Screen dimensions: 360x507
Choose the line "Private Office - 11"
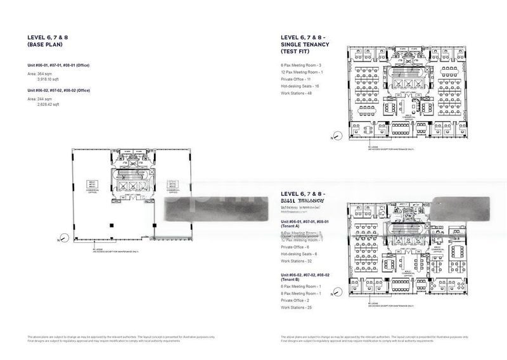coord(296,79)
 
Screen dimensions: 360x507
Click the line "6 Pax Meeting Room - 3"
coord(301,65)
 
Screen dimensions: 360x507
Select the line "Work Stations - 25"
coord(297,307)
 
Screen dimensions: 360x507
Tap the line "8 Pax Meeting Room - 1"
coord(301,293)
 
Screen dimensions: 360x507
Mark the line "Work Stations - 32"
coord(297,261)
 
